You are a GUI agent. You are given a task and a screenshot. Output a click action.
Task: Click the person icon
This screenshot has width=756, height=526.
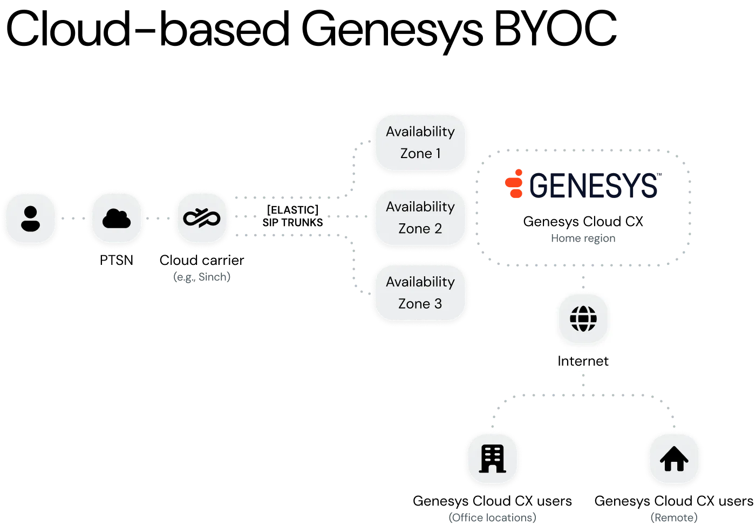[30, 218]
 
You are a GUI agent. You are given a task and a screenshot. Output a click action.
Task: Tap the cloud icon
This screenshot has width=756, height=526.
[117, 218]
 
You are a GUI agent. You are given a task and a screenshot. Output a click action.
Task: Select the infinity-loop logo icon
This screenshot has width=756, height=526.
[202, 218]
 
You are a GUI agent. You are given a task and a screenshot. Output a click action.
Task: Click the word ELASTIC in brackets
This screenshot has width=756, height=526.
[292, 210]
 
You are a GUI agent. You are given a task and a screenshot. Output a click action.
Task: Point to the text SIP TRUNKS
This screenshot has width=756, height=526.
[292, 222]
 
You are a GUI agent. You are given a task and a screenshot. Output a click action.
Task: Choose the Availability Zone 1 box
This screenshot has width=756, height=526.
[420, 143]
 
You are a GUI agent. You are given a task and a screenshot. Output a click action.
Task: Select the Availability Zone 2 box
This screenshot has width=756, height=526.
[420, 218]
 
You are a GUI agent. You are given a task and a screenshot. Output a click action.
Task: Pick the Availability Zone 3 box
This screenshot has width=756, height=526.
[420, 293]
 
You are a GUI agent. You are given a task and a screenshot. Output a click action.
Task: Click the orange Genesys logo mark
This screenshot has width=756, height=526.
[514, 183]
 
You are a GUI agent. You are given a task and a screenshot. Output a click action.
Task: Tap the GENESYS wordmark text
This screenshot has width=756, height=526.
[595, 186]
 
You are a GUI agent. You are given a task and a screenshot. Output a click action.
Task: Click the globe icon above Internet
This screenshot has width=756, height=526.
[583, 319]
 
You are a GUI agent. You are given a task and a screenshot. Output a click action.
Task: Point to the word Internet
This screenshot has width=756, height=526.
[583, 361]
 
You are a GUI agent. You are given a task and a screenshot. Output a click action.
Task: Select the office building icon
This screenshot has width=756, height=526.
[492, 459]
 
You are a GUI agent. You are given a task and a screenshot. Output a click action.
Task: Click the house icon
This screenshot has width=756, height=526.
[674, 459]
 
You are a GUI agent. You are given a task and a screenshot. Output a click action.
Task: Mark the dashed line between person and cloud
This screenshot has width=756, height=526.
[73, 218]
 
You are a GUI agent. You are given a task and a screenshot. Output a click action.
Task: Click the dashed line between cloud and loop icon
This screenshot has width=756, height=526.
[159, 218]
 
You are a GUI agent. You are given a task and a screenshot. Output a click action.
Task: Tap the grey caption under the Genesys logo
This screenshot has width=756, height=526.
[583, 239]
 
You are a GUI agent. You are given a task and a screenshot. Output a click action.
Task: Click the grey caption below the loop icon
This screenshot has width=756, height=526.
[202, 277]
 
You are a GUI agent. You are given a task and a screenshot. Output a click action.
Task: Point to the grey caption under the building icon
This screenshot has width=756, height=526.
[493, 517]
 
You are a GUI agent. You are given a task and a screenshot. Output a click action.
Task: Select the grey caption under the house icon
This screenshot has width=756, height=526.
[674, 517]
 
